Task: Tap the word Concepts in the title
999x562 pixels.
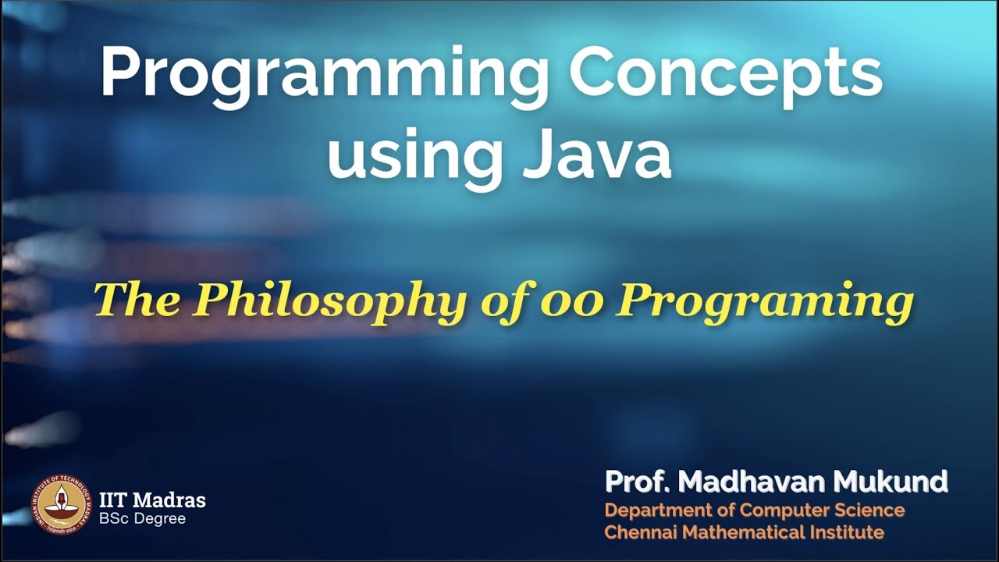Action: click(725, 73)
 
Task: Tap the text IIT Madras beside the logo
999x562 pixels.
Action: click(153, 500)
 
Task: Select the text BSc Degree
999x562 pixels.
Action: click(142, 518)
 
